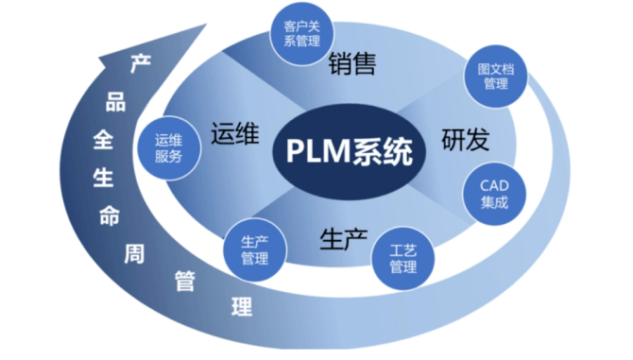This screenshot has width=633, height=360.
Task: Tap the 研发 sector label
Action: coord(465,141)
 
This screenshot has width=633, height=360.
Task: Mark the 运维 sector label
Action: coord(235,133)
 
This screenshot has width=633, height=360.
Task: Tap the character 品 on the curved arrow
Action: coord(115,100)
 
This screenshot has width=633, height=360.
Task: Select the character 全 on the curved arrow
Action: coord(102,138)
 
